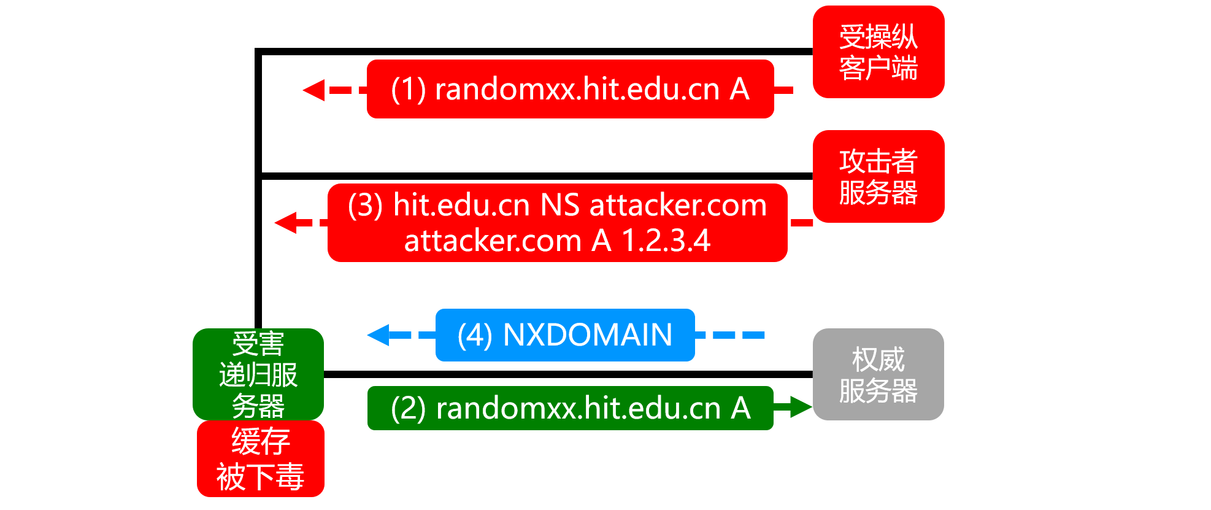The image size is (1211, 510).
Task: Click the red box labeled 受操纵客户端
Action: point(878,52)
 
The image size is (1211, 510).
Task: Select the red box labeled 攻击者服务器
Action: point(878,176)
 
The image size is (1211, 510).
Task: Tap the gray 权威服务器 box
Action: point(878,374)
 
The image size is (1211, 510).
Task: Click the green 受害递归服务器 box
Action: point(258,374)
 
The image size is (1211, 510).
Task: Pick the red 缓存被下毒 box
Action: point(261,458)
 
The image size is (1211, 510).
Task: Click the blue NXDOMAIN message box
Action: point(565,335)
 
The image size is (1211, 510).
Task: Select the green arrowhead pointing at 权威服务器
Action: point(801,406)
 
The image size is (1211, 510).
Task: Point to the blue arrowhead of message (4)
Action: point(378,335)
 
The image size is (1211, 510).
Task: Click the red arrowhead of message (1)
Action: point(313,90)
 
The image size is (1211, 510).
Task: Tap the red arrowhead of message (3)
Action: point(285,222)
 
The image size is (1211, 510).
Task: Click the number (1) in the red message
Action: point(409,90)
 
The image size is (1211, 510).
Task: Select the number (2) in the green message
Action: point(409,409)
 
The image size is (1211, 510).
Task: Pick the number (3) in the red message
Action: point(366,205)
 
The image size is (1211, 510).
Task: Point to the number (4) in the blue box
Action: point(475,335)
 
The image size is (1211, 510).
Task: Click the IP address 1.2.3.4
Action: point(666,240)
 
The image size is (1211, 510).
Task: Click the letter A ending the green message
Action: point(741,409)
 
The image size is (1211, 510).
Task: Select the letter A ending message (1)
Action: point(740,90)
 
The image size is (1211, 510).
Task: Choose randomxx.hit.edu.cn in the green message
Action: point(579,409)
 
